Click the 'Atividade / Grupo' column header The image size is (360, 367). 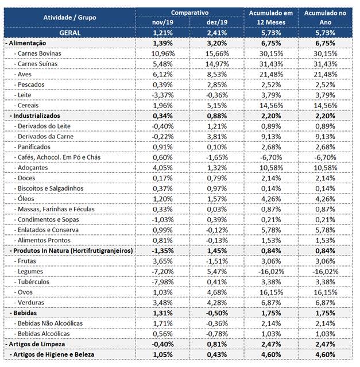pos(69,18)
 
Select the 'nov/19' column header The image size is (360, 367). pos(162,22)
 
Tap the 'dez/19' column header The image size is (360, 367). pos(217,22)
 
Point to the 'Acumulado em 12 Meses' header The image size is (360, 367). pos(271,18)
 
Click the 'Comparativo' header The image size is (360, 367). pos(189,13)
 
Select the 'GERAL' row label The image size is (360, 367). pos(69,33)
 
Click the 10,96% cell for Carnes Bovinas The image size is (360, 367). pos(163,53)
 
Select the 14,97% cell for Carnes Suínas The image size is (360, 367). pos(217,64)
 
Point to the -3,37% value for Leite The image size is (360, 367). pos(162,95)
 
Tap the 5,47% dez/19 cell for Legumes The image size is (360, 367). pos(217,272)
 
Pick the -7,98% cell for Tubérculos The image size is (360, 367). pos(162,282)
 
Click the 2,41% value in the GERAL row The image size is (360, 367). pos(217,33)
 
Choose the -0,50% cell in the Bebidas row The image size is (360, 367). pos(217,313)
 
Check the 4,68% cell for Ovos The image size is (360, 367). pos(217,292)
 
